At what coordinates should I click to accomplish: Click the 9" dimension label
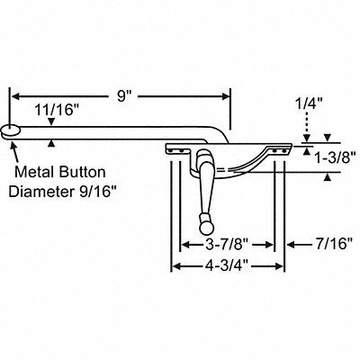124,96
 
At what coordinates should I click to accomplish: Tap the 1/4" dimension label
308,105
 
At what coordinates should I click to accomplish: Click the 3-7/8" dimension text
227,245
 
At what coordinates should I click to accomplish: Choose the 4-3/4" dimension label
228,265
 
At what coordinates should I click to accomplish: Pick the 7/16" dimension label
333,244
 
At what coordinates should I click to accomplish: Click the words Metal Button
60,172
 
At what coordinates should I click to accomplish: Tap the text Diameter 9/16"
62,192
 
